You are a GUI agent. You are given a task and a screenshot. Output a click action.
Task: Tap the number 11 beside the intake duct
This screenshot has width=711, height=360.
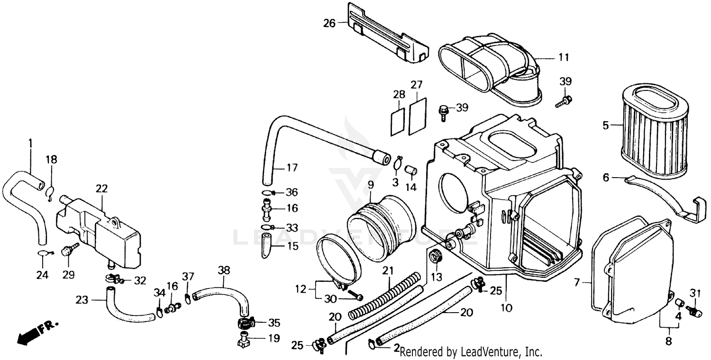563,58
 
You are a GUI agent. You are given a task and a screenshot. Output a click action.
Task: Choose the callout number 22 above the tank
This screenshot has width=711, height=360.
101,189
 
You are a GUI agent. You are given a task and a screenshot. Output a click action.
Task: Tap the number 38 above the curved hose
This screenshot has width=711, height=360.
224,270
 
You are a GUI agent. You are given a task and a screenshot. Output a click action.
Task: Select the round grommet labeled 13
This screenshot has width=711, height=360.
435,259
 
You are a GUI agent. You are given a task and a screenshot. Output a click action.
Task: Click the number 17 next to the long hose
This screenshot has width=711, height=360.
292,168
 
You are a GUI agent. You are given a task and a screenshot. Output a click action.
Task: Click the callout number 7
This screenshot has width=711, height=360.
576,283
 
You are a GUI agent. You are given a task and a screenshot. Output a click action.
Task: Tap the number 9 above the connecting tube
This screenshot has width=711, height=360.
370,183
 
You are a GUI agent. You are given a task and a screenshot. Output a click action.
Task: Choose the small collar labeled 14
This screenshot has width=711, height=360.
410,169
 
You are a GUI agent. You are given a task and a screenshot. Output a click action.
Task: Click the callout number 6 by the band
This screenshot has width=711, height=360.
605,178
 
